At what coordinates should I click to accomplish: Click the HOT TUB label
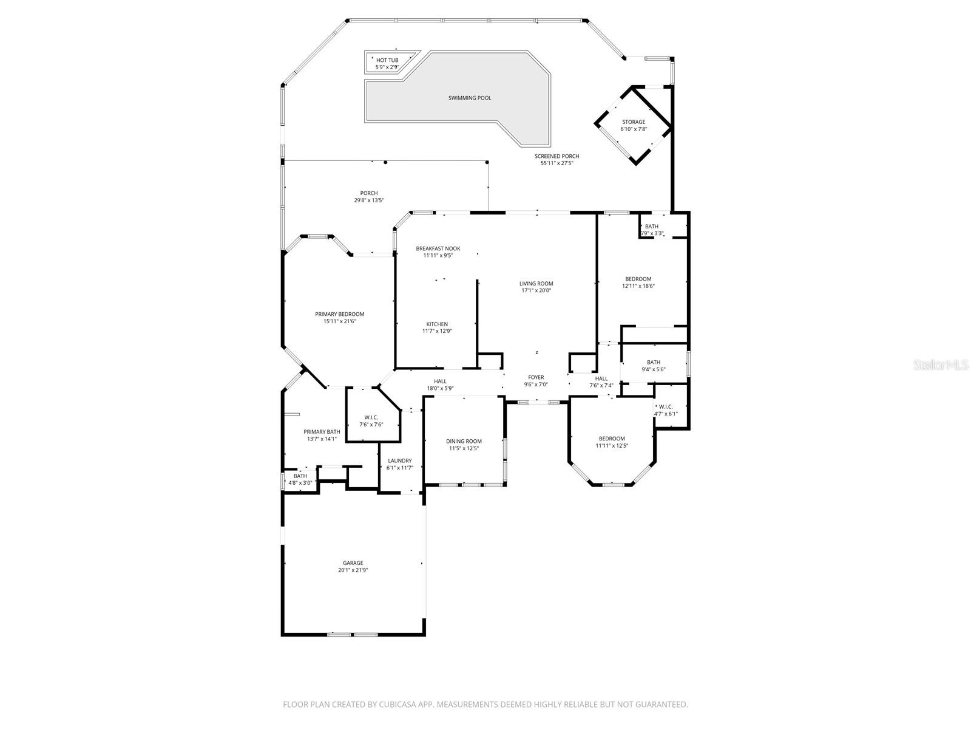387,60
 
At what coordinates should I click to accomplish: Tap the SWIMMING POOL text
470,98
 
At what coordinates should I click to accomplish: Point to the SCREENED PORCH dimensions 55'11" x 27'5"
557,163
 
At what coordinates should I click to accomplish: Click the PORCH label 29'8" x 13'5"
369,197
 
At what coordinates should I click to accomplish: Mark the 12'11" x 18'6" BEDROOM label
638,282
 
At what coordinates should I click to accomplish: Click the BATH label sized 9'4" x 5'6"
654,366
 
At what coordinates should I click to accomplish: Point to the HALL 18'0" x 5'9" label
440,385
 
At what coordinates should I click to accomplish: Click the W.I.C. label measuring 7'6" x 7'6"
371,420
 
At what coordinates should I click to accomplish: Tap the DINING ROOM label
464,445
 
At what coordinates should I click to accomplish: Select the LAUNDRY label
399,464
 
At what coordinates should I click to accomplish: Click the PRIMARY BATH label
322,435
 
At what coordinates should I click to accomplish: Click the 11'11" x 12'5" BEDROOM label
611,442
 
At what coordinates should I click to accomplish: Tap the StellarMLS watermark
945,364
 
